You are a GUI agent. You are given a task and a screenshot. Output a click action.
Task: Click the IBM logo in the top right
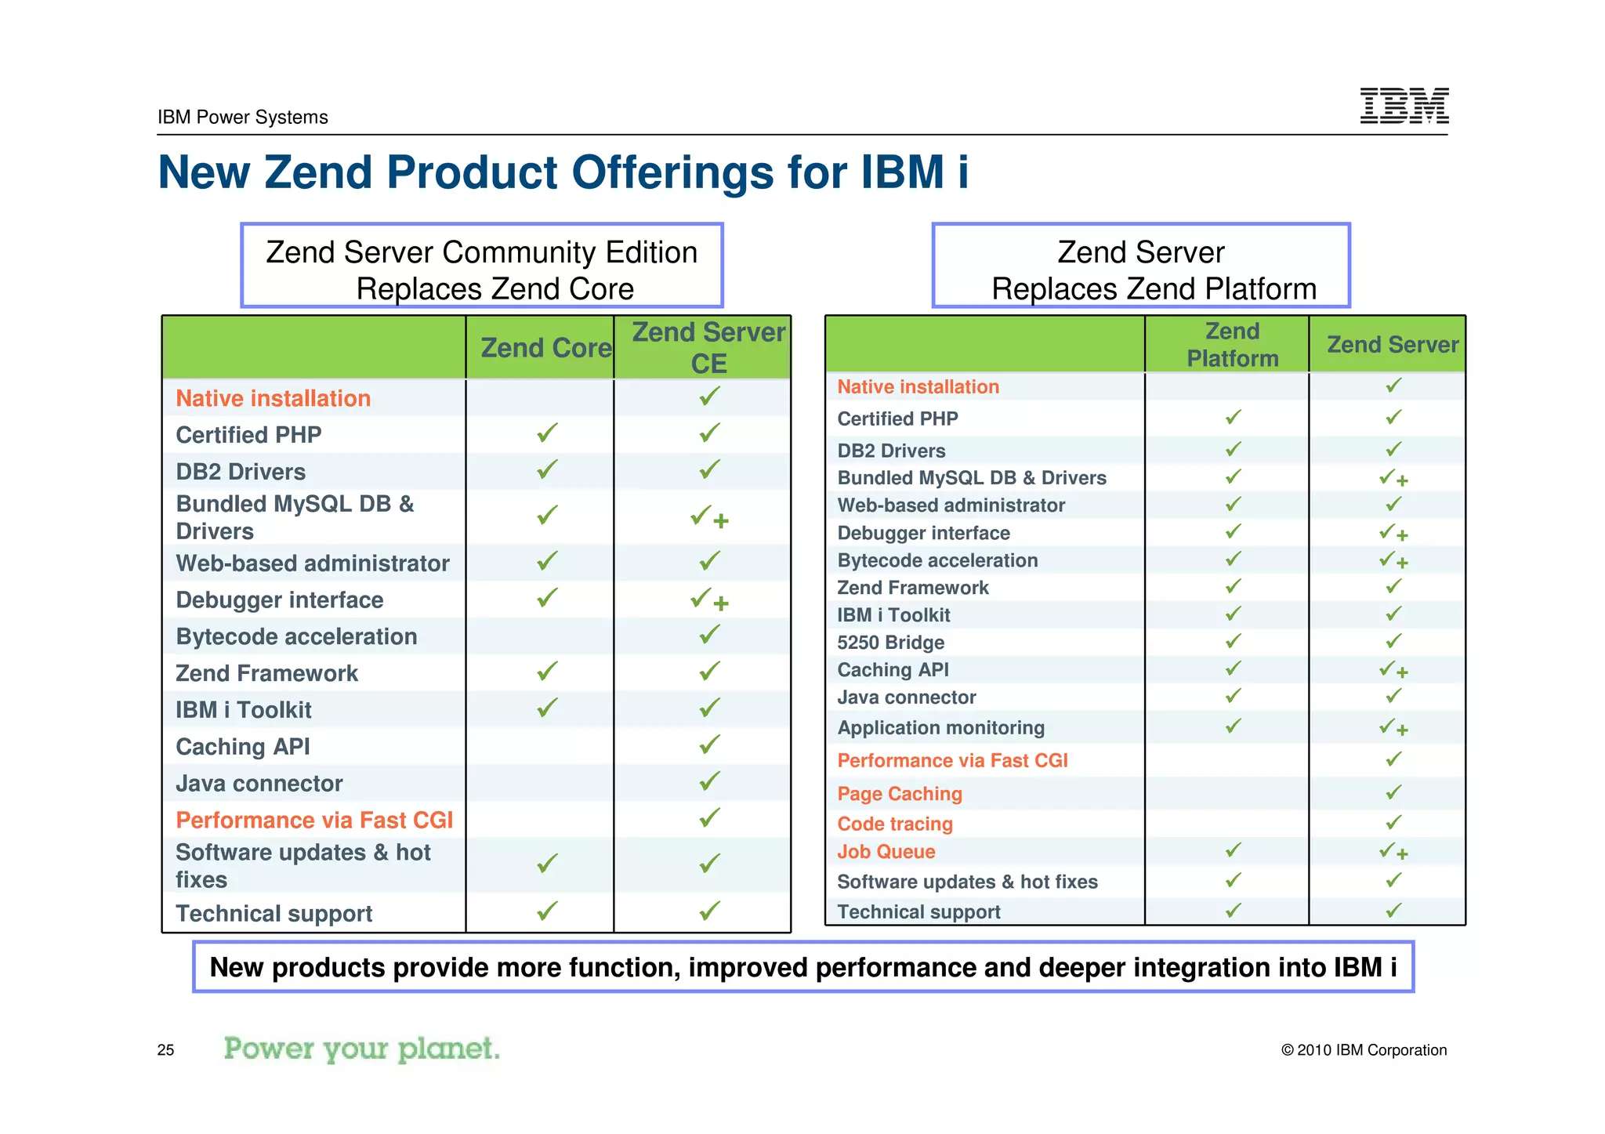tap(1404, 106)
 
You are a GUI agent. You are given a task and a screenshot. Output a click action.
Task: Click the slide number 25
tap(165, 1050)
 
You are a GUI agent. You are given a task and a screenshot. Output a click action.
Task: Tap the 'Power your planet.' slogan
tap(361, 1049)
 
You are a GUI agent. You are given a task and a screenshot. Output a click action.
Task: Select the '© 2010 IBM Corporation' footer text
tap(1364, 1050)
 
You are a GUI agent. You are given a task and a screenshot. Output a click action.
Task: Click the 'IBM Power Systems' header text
tap(242, 118)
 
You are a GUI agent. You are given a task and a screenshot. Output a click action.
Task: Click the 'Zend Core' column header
tap(545, 348)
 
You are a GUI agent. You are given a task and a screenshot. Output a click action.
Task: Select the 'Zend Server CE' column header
tap(708, 348)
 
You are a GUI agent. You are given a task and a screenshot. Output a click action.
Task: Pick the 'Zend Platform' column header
tap(1232, 345)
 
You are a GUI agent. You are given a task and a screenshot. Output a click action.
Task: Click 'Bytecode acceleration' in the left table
tap(296, 636)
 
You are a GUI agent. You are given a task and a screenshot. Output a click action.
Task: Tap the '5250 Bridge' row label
tap(890, 643)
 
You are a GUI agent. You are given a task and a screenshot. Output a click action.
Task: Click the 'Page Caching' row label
tap(900, 794)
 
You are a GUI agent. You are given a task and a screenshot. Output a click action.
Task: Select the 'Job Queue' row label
tap(886, 852)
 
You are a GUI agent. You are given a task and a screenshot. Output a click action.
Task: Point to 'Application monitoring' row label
tap(940, 728)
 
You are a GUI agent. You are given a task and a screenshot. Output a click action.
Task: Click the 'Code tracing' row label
tap(895, 824)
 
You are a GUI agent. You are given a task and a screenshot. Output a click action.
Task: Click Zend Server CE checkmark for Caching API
tap(709, 745)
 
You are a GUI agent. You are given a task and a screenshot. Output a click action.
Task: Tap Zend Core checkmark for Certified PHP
tap(547, 433)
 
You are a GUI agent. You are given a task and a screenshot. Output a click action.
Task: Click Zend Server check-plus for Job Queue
tap(1393, 851)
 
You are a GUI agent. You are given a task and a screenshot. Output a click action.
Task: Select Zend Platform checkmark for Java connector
tap(1233, 696)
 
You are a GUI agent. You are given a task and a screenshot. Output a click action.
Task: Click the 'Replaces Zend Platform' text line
tap(1154, 289)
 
